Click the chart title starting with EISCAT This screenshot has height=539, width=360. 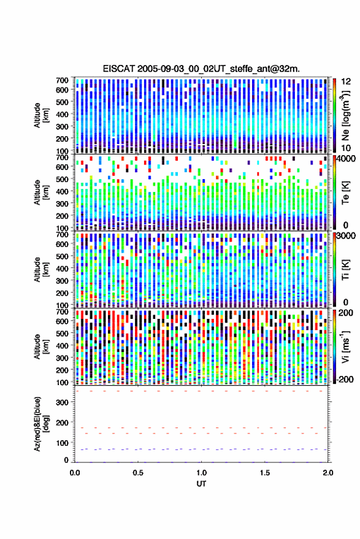[201, 69]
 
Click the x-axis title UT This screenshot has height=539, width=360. [201, 484]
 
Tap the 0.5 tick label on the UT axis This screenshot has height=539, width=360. [138, 473]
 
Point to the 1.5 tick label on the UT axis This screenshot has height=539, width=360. [265, 473]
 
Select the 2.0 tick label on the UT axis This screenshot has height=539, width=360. [328, 473]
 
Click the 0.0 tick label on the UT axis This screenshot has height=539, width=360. [75, 473]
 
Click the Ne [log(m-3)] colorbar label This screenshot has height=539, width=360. [345, 115]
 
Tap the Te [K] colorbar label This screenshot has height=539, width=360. [345, 193]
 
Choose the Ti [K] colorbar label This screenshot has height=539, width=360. [345, 270]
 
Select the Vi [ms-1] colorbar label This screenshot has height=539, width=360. [345, 346]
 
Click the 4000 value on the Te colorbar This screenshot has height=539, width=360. [346, 159]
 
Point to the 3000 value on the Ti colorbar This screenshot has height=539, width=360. [346, 236]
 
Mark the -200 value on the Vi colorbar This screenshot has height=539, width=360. [345, 379]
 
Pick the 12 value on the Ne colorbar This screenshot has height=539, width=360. [346, 82]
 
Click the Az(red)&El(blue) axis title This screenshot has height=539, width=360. [41, 424]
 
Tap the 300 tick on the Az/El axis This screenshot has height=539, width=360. [62, 402]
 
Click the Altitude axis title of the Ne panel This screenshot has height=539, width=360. [41, 115]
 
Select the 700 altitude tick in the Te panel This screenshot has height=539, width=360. [62, 158]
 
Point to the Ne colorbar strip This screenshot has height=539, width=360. [335, 115]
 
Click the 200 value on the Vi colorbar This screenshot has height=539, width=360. [346, 313]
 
